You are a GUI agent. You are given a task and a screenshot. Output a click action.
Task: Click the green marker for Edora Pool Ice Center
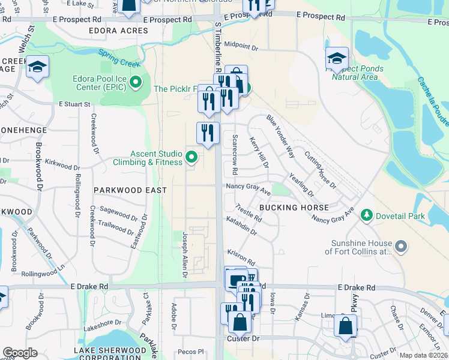[x=137, y=82]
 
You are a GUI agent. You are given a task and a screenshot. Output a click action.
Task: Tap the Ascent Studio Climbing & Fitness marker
[x=191, y=157]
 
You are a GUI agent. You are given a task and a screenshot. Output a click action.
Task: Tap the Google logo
[x=20, y=352]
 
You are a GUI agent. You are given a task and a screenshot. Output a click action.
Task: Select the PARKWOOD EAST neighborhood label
[x=130, y=190]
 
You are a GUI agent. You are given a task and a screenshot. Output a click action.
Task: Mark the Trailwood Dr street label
[x=116, y=229]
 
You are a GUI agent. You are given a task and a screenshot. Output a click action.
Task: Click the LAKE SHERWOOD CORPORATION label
[x=110, y=353]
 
